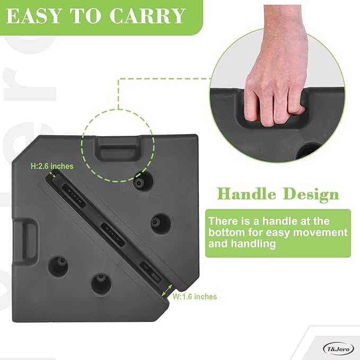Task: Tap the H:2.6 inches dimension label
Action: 52,166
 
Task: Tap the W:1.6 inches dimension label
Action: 195,296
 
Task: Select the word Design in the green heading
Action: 311,194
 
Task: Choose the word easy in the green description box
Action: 287,232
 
